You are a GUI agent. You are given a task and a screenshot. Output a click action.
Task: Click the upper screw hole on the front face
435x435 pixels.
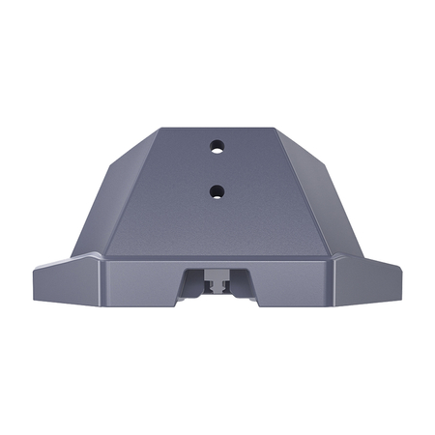tap(217, 147)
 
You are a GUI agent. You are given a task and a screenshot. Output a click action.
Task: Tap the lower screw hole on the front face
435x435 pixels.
tap(217, 190)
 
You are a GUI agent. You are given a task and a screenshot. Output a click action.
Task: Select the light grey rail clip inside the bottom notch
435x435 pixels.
tap(217, 281)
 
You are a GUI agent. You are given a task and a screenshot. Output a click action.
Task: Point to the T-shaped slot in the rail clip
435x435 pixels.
tap(217, 284)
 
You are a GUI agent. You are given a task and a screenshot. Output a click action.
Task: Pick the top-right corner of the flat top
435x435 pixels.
tap(279, 130)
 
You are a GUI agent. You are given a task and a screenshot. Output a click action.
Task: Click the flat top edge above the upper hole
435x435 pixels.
tap(217, 130)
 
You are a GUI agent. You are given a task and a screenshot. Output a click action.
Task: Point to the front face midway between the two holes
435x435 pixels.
tap(217, 169)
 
